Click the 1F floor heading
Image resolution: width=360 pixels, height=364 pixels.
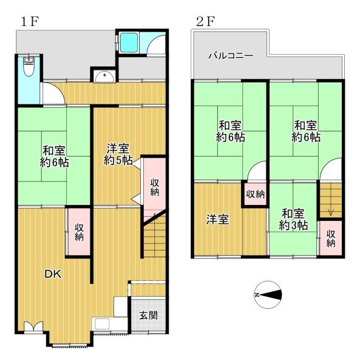tap(30, 22)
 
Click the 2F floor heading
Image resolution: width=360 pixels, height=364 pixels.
tap(206, 22)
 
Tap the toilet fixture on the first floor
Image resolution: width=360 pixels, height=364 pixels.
tap(29, 66)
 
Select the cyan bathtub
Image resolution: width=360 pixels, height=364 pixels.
tap(129, 42)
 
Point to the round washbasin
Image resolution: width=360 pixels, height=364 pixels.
tap(105, 76)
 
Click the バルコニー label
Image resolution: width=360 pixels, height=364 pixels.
tap(231, 56)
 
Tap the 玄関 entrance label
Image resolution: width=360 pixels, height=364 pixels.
tap(148, 315)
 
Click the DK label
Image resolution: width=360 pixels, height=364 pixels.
tap(53, 274)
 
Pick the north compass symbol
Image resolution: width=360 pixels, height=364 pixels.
tap(268, 295)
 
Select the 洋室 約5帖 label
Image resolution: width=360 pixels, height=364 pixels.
tap(118, 154)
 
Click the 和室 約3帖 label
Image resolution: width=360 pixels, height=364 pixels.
tap(293, 220)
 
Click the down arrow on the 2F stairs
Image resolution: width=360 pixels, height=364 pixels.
tap(331, 211)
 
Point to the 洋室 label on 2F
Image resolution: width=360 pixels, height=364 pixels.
tap(217, 220)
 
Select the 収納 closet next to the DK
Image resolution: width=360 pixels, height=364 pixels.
tap(79, 232)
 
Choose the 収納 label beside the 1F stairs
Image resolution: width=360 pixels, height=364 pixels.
tap(154, 187)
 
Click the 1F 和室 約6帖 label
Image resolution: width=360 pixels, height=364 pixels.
tap(55, 157)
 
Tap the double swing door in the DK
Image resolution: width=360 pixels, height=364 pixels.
tap(33, 326)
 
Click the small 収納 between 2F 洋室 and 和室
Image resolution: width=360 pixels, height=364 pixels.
tap(255, 194)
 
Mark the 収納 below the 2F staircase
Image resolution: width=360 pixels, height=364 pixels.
tap(331, 238)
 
